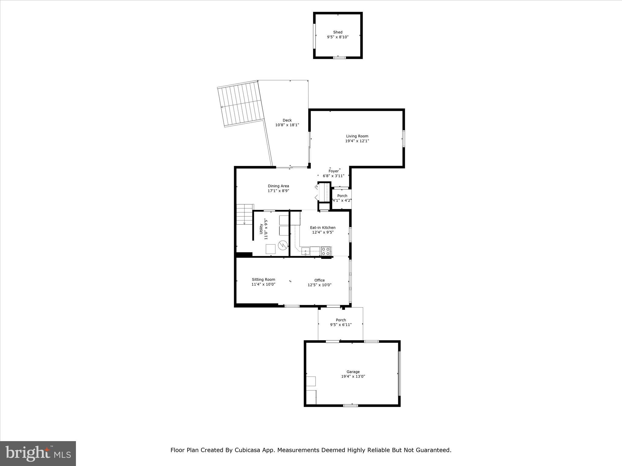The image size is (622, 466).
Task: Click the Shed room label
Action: point(337,32)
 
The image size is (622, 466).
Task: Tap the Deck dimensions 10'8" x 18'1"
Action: point(287,125)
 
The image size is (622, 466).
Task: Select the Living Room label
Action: point(357,136)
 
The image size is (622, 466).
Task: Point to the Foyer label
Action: point(333,171)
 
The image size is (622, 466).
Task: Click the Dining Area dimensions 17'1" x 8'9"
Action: point(278,191)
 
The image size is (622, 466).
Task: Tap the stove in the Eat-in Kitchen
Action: point(326,251)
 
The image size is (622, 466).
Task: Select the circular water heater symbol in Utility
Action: point(282,245)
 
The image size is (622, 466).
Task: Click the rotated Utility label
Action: point(261,229)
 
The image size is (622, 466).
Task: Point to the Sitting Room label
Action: point(263,280)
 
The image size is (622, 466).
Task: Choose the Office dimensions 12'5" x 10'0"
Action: point(319,285)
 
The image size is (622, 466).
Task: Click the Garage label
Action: point(353,372)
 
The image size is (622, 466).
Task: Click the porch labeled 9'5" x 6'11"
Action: point(341,322)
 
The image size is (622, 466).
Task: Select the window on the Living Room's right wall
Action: point(404,139)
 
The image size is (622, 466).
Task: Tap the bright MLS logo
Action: point(38,453)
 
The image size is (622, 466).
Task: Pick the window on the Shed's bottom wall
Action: point(339,57)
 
